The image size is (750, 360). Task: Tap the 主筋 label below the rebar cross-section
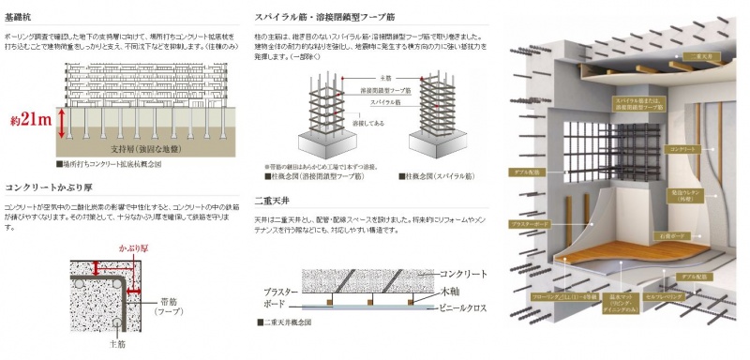[115, 342]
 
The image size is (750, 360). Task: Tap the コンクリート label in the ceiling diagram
[463, 273]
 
